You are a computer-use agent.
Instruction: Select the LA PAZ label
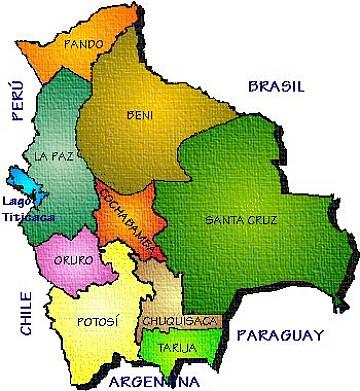coord(52,158)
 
